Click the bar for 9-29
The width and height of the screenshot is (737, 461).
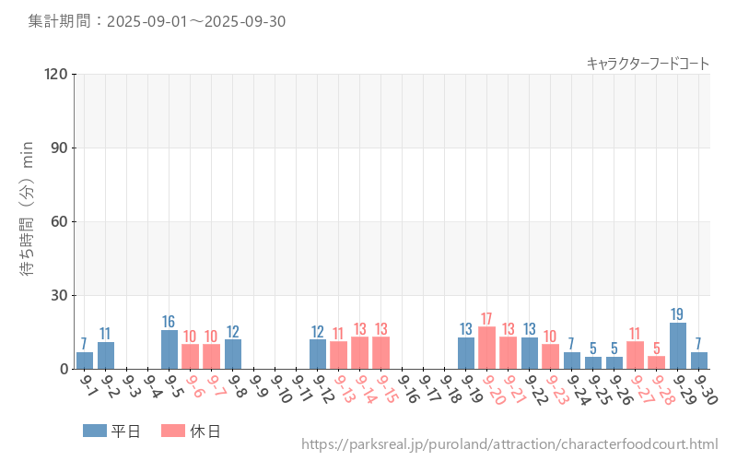click(678, 346)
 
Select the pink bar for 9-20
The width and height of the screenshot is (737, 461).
click(487, 349)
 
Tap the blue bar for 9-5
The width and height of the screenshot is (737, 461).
click(170, 349)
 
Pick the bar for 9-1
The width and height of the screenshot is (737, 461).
click(85, 361)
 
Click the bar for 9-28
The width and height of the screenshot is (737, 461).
click(657, 362)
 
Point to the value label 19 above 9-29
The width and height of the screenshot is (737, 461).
click(678, 314)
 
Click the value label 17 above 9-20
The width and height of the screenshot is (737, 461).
click(487, 319)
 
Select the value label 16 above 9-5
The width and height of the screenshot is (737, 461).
click(170, 322)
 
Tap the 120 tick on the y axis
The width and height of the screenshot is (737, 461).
click(56, 74)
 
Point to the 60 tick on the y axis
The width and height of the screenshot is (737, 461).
click(60, 221)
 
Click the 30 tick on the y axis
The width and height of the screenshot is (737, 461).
click(60, 295)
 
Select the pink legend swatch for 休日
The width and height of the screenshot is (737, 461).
click(173, 431)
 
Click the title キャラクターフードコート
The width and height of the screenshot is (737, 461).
click(648, 64)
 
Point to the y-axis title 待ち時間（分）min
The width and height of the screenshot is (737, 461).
click(28, 221)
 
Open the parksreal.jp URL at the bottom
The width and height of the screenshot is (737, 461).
click(509, 445)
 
